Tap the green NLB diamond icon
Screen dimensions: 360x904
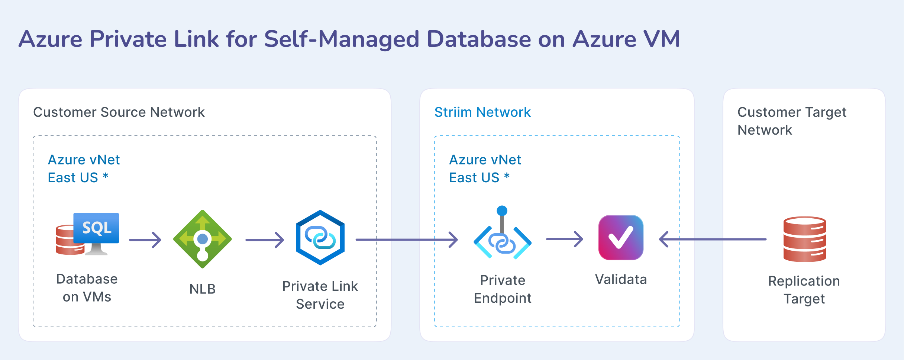(203, 239)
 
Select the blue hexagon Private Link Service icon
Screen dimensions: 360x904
(320, 238)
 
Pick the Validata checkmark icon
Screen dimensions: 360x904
(621, 238)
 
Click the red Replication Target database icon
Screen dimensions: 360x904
(805, 239)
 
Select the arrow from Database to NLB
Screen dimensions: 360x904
(145, 240)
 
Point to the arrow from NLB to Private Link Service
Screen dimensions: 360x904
(265, 240)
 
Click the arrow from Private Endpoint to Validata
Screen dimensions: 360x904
(564, 239)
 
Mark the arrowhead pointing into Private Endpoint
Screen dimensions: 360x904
(454, 240)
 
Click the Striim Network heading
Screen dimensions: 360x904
(482, 112)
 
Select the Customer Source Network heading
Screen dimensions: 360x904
(119, 112)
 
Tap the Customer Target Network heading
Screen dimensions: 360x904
(792, 121)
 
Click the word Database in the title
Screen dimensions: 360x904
(479, 39)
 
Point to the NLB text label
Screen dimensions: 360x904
(203, 289)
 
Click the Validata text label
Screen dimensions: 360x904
(621, 279)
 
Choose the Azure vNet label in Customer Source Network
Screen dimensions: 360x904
(84, 160)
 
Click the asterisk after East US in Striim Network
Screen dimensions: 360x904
(507, 176)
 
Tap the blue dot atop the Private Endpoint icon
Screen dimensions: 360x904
(502, 210)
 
